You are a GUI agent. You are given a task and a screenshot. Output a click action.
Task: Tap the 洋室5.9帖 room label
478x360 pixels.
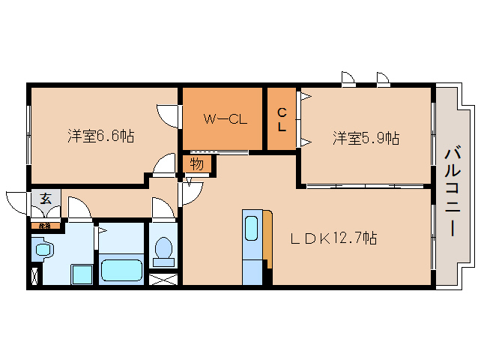pyautogui.click(x=366, y=138)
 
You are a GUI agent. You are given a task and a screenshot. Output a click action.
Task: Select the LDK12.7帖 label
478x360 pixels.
pyautogui.click(x=333, y=238)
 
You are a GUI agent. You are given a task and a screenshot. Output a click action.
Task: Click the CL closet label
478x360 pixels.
pyautogui.click(x=282, y=120)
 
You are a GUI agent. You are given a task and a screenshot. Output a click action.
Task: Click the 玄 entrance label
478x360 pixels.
pyautogui.click(x=46, y=199)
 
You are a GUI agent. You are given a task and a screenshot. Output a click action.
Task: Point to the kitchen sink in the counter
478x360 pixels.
pyautogui.click(x=252, y=226)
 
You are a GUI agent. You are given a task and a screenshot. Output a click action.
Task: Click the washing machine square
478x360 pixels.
pyautogui.click(x=80, y=274)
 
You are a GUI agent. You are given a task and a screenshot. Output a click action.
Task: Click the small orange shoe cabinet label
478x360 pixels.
pyautogui.click(x=45, y=225)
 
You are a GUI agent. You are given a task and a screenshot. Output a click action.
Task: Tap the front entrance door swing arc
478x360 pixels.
pyautogui.click(x=17, y=201)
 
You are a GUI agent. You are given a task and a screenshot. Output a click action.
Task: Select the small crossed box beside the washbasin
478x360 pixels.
pyautogui.click(x=34, y=274)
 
